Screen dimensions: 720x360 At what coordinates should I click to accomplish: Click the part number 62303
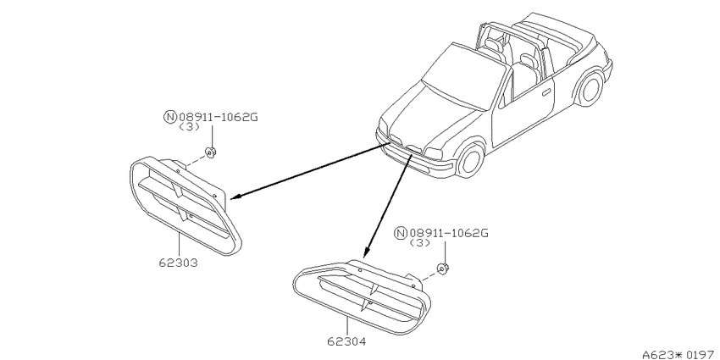point(179,263)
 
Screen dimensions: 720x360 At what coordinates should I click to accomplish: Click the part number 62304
point(346,341)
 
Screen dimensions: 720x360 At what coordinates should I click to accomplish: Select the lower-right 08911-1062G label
point(449,233)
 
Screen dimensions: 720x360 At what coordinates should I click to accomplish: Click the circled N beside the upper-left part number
point(170,117)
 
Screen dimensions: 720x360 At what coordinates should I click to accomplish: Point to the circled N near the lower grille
point(401,233)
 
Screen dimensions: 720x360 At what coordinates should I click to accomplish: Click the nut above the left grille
point(211,152)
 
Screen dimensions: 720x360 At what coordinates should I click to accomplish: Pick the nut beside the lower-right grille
point(443,269)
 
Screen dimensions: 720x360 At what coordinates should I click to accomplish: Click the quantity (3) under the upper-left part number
point(189,127)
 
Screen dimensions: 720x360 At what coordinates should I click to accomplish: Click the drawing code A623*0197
point(680,354)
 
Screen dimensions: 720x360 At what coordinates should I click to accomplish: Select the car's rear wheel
point(590,88)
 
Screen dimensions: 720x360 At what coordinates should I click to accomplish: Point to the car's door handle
point(546,93)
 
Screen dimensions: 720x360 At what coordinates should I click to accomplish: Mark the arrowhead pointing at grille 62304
point(366,252)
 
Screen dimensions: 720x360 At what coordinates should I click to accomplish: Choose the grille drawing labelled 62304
point(362,296)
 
